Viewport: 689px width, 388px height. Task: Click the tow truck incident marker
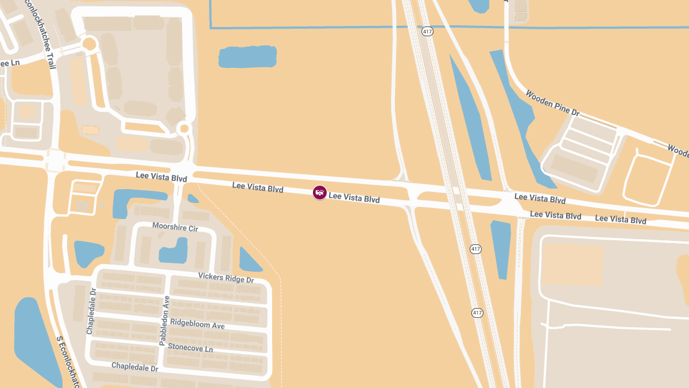[x=320, y=193]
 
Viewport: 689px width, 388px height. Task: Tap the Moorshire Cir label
[x=175, y=228]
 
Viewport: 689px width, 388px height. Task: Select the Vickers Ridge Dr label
[x=226, y=278]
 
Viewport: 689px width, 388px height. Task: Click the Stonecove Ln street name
[x=190, y=348]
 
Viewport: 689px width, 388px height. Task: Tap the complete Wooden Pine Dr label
[x=553, y=102]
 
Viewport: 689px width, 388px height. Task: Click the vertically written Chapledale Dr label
[x=91, y=310]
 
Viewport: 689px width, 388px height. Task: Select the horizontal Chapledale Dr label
[x=134, y=367]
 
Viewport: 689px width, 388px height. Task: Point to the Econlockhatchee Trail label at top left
[x=40, y=34]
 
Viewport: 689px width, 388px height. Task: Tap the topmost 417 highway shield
[x=427, y=31]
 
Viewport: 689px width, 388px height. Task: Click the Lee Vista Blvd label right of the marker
[x=354, y=198]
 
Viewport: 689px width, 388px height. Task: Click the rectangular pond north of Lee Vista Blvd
[x=247, y=57]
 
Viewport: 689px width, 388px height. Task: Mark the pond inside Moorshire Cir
[x=175, y=251]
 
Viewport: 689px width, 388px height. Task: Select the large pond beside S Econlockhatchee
[x=34, y=339]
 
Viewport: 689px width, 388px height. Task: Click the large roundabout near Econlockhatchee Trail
[x=90, y=43]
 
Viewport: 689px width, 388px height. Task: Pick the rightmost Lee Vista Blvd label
[x=620, y=220]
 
